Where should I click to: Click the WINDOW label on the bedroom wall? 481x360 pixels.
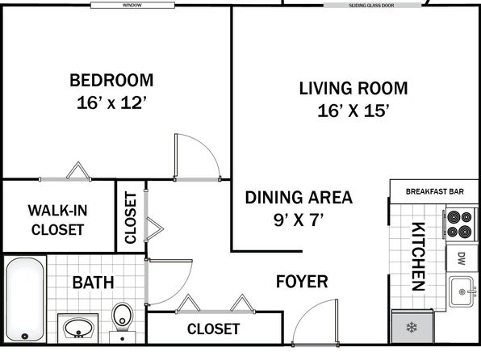pos(132,5)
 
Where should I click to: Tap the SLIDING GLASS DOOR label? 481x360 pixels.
pos(371,6)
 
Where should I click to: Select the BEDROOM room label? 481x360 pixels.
pos(111,81)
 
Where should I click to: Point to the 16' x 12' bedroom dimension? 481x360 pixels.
pos(111,103)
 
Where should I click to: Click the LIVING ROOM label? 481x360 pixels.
pos(353,89)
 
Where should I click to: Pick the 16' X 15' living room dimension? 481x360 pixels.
pos(353,111)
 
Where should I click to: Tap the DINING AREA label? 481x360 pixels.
pos(299,197)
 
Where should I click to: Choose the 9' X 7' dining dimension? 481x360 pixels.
pos(299,220)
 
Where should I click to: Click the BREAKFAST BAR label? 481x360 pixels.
pos(435,191)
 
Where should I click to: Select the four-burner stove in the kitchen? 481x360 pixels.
pos(459,224)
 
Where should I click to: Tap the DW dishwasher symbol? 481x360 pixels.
pos(462,258)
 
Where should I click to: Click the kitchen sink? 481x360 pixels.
pos(462,291)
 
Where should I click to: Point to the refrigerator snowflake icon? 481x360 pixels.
pos(412,328)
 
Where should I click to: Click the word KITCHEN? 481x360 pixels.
pos(418,257)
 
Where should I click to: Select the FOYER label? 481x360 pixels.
pos(302,282)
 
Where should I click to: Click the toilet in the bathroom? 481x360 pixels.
pos(123,321)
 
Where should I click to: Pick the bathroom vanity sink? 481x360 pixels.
pos(78,328)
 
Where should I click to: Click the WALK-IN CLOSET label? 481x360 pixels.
pos(57,220)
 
